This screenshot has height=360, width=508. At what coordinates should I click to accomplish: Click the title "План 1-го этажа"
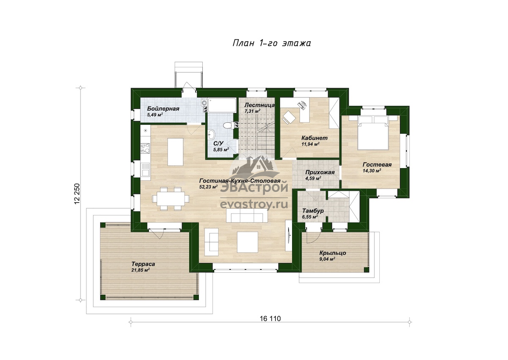pos(271,43)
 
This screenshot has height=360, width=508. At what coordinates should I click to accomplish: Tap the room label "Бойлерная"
pos(163,109)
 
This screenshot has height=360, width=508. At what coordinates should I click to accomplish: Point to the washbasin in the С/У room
pos(211,134)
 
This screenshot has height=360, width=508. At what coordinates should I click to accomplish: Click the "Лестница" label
pos(260,105)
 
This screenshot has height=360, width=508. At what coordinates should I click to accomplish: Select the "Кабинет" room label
pos(314,138)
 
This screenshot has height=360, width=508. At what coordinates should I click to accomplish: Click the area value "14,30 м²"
pos(372,171)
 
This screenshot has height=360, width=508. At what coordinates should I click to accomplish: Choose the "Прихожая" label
pos(320,172)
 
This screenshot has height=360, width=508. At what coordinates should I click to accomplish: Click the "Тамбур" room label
pos(313,211)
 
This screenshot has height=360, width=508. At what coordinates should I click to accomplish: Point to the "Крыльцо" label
pos(333,253)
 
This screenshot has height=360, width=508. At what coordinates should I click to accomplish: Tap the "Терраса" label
pos(143,264)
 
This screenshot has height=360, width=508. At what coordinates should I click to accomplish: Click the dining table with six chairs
pos(171,199)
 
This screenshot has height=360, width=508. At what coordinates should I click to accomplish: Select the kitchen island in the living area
pos(175,152)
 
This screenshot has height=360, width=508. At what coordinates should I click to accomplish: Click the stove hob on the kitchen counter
pos(145,148)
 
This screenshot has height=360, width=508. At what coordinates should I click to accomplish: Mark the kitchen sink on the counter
pos(145,170)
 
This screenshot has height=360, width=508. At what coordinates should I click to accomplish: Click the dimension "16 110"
pos(270,319)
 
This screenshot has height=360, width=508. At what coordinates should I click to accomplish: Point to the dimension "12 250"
pos(77,194)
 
